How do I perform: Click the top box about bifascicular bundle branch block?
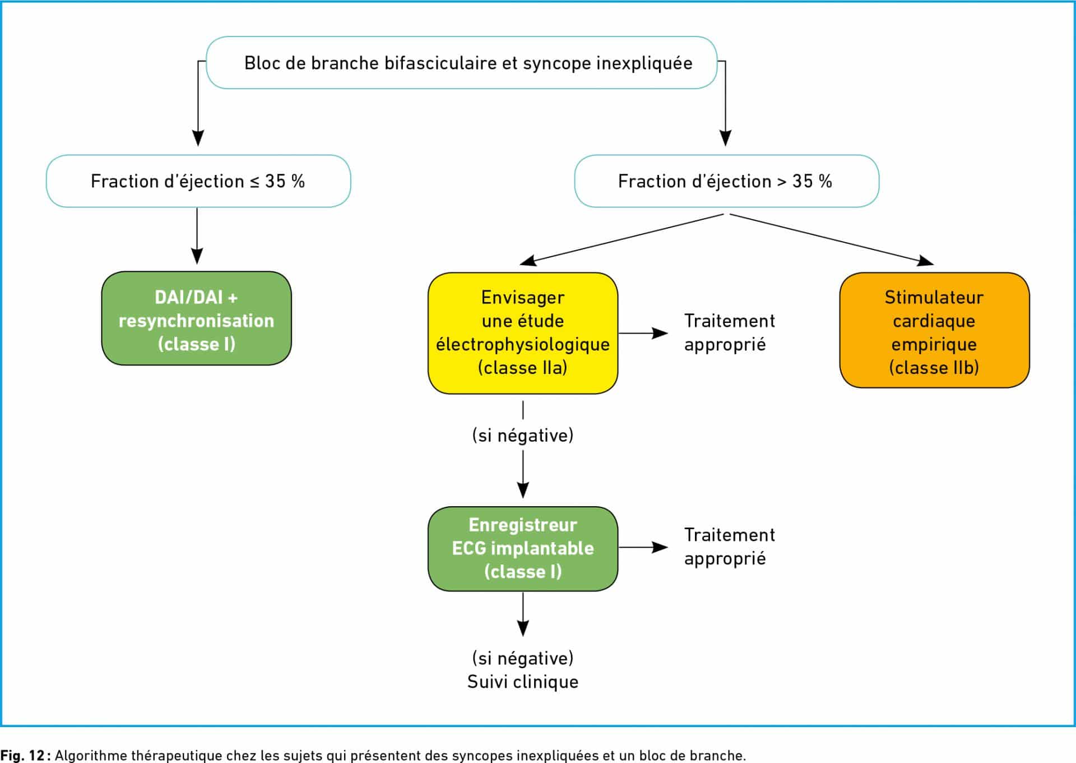462,63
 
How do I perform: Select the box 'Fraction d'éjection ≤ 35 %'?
198,181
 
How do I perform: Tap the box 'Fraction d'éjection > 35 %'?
727,181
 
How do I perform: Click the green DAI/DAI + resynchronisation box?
197,318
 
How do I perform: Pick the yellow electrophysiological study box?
523,333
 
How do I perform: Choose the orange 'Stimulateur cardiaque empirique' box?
934,330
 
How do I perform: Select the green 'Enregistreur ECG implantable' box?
523,549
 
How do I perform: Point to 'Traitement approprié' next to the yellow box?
729,332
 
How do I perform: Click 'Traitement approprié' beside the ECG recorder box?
729,547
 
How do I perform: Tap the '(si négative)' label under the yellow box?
523,436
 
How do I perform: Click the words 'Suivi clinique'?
523,682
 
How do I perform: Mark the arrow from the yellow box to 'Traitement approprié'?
643,333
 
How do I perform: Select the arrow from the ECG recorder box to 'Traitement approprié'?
643,547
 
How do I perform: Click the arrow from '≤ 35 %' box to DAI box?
197,236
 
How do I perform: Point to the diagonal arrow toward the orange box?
832,239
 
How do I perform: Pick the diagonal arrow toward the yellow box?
622,239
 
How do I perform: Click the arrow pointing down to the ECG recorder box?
523,474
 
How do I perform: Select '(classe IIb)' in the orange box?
934,368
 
